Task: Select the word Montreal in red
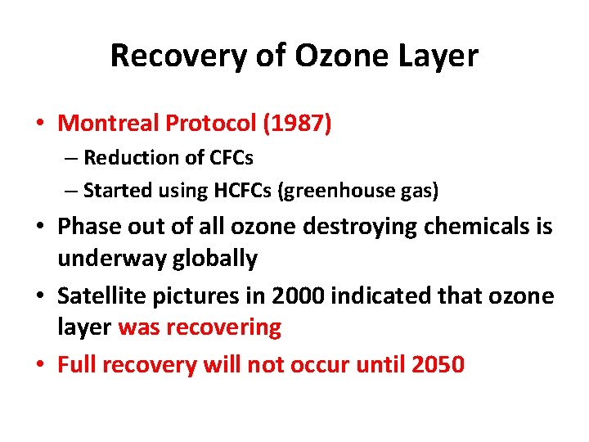click(109, 124)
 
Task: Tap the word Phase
click(88, 226)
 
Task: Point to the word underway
click(110, 259)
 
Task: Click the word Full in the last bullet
click(76, 364)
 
